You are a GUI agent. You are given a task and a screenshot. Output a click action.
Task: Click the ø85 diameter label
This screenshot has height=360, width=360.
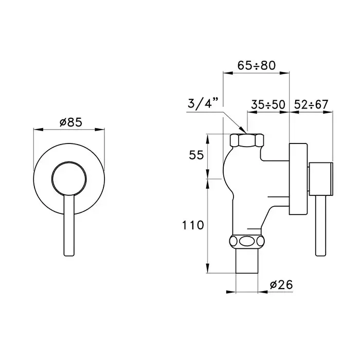click(71, 122)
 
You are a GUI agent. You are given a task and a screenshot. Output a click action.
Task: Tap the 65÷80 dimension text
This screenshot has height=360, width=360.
click(257, 65)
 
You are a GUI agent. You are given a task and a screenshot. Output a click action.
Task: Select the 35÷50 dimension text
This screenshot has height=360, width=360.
click(268, 104)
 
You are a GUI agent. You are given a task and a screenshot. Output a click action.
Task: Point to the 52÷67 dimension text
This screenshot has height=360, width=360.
click(311, 104)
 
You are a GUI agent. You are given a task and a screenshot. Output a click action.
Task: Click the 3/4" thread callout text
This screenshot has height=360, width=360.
click(202, 103)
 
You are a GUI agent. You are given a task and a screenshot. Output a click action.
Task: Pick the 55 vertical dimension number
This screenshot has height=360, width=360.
click(196, 155)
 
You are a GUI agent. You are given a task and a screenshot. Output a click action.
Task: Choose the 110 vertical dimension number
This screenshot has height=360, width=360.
click(193, 225)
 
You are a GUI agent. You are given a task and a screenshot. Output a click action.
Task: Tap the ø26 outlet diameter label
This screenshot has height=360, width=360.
click(281, 285)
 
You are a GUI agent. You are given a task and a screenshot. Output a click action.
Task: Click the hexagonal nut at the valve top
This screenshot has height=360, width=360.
click(247, 140)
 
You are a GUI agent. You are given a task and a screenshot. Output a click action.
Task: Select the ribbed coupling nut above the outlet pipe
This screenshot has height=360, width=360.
click(247, 242)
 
